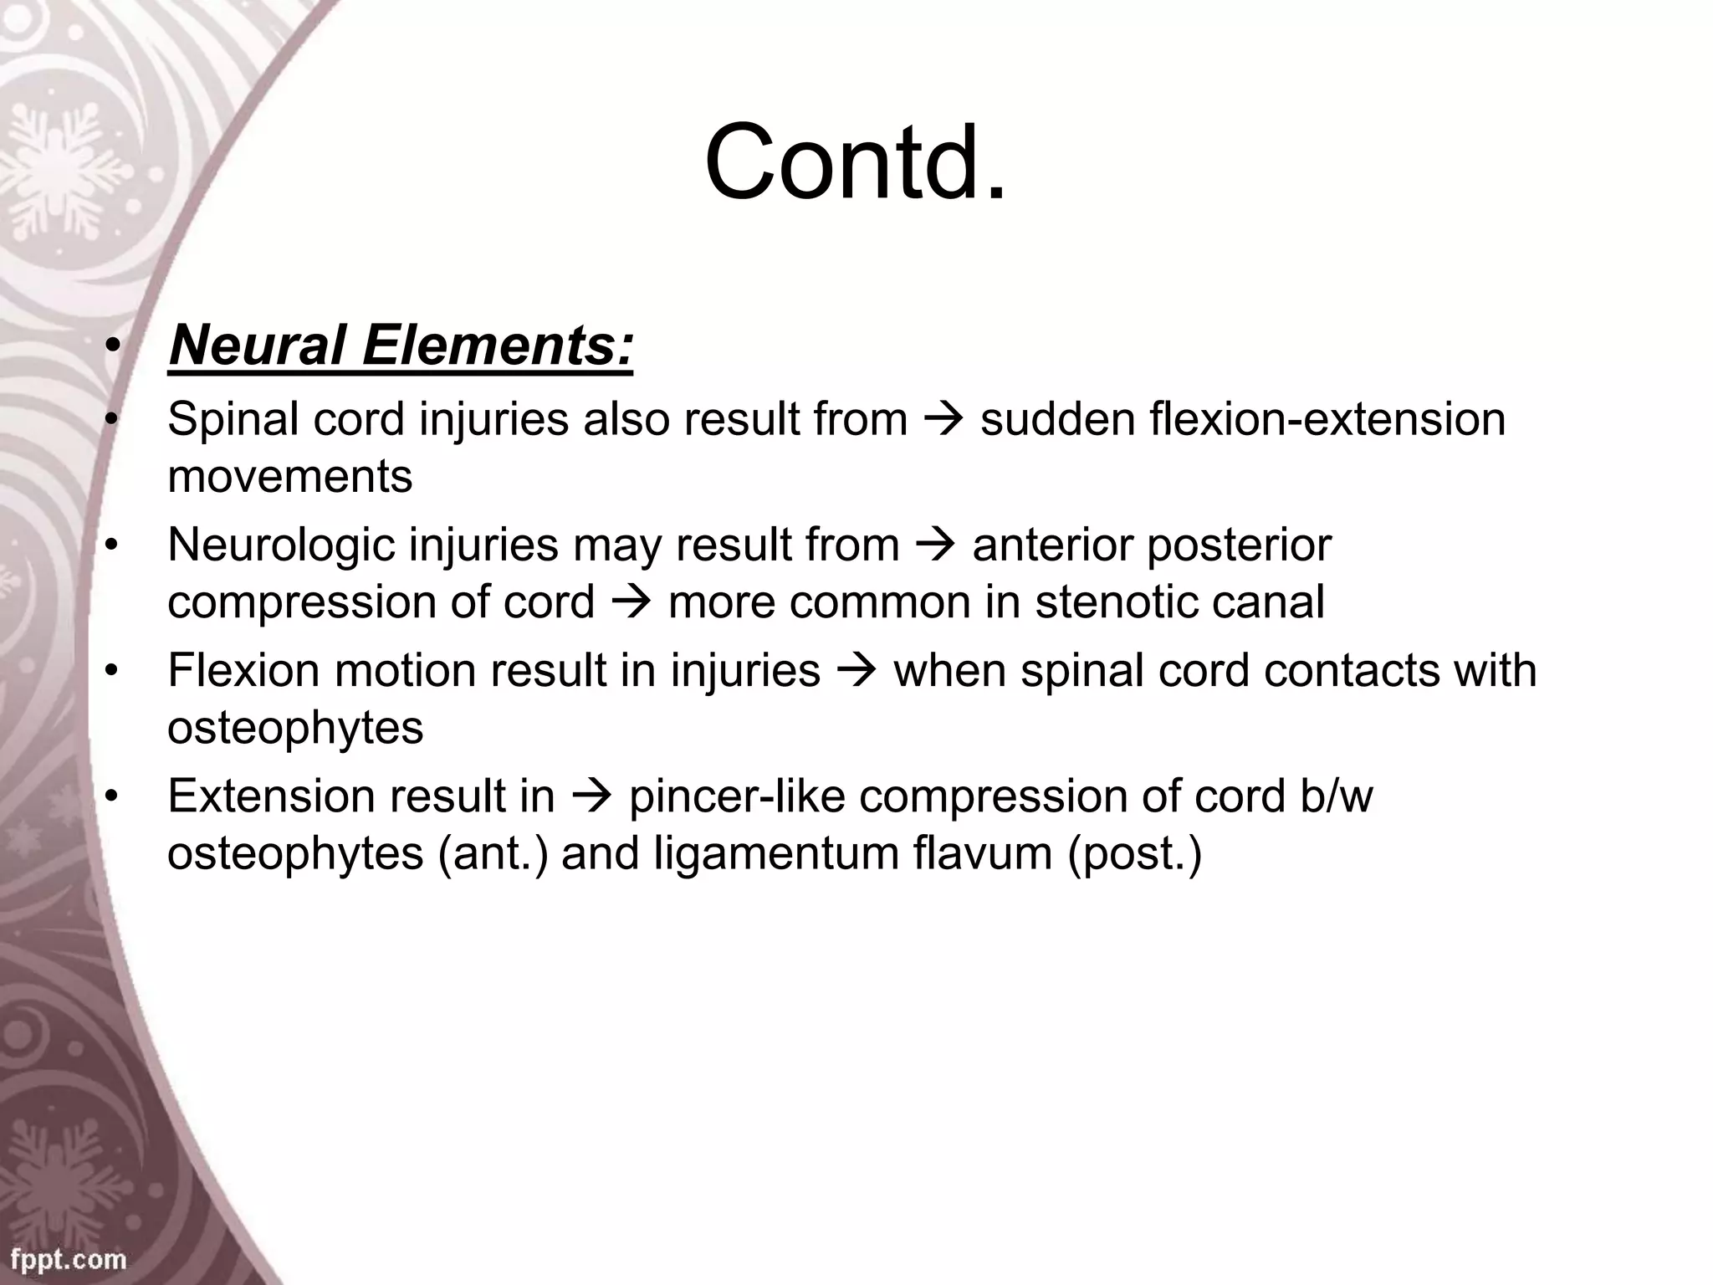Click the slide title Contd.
[x=855, y=162]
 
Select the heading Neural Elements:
[x=401, y=346]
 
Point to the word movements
[x=289, y=477]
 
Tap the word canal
[x=1276, y=602]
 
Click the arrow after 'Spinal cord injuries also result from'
[x=943, y=420]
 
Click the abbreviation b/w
[x=1336, y=796]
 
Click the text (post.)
[x=1133, y=854]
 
